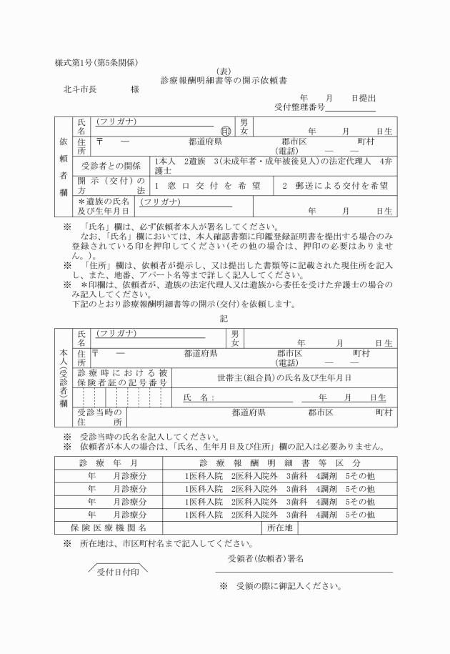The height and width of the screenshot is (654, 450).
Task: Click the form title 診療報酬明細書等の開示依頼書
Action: pos(224,81)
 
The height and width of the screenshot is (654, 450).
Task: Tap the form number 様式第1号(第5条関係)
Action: pos(96,62)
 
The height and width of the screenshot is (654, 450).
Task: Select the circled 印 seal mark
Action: pos(226,131)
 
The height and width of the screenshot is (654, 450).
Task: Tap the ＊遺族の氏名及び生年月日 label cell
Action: pos(104,207)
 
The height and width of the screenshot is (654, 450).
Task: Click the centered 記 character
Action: pos(224,318)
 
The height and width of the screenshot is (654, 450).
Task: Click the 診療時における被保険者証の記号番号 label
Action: pos(122,377)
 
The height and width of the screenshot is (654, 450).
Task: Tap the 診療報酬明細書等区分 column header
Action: pos(279,462)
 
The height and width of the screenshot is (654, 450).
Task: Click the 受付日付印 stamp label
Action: pos(118,572)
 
